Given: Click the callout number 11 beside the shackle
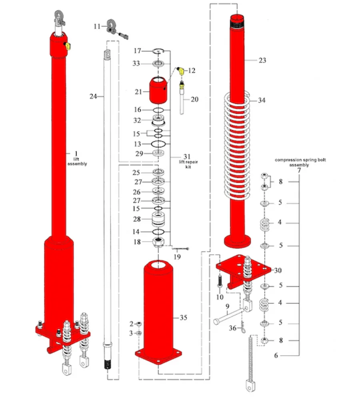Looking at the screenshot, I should pyautogui.click(x=97, y=26).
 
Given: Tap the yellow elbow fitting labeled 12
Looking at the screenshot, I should pyautogui.click(x=181, y=71).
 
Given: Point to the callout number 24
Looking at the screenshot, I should pyautogui.click(x=93, y=96).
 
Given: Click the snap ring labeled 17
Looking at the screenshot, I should pyautogui.click(x=159, y=51).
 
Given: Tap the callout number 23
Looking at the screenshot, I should pyautogui.click(x=262, y=60).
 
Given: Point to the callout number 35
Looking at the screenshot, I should pyautogui.click(x=184, y=318).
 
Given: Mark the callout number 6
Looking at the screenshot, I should pyautogui.click(x=276, y=355).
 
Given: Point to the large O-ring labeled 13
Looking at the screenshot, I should pyautogui.click(x=159, y=144).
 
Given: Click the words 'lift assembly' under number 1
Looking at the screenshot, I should pyautogui.click(x=77, y=162).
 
